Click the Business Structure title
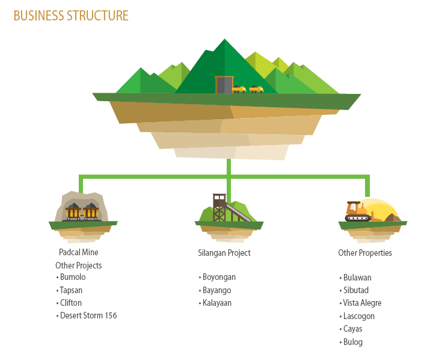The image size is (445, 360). pos(71,16)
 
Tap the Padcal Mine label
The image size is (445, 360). pos(79,252)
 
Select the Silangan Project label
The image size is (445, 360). pos(224,253)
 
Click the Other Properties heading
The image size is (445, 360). pos(365,253)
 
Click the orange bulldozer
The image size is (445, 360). pos(359,212)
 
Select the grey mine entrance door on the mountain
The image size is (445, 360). pos(224,85)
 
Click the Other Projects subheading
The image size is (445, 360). pos(79,265)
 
